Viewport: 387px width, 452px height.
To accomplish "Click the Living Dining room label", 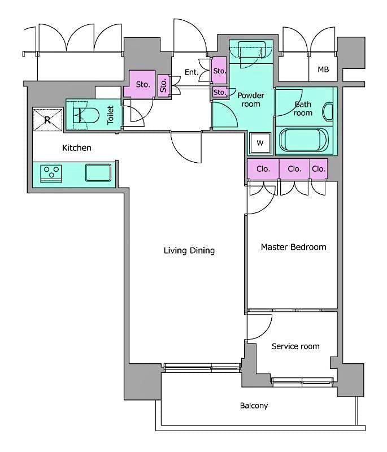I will [x=189, y=250].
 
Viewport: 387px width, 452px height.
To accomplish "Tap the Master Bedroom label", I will [x=293, y=247].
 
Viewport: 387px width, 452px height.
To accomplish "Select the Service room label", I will [x=295, y=346].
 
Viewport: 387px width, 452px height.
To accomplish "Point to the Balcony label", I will [x=254, y=406].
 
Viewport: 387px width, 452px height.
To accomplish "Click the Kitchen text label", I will [x=76, y=148].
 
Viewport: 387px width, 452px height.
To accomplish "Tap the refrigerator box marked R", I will [x=47, y=119].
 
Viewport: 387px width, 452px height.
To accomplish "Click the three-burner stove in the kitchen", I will [x=53, y=173].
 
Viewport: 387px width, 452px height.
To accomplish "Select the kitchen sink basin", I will [x=98, y=172].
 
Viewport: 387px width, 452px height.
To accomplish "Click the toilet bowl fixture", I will [x=85, y=116].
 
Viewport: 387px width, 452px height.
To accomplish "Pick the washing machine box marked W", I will [x=260, y=143].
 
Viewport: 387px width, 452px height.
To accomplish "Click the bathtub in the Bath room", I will [x=305, y=141].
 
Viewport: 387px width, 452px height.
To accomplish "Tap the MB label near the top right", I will [x=323, y=70].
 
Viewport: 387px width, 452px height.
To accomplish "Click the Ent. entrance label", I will [x=191, y=72].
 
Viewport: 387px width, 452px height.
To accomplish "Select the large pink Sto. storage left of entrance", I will [x=142, y=85].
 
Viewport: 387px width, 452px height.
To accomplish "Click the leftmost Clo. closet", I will [x=263, y=169].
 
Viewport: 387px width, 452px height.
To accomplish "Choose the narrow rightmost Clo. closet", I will [x=319, y=169].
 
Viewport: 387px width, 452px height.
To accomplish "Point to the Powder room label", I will [x=250, y=99].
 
